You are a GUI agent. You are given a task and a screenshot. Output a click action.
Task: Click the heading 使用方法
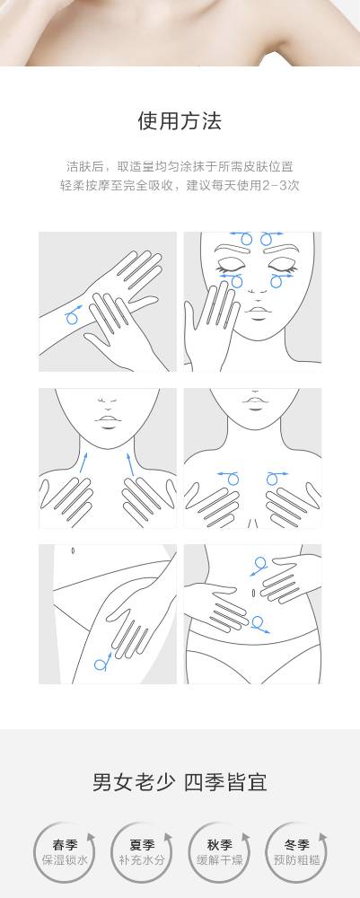(180, 121)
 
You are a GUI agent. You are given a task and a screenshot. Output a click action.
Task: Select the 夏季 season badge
(141, 852)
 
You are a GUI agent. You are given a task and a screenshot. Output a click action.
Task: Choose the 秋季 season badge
(219, 852)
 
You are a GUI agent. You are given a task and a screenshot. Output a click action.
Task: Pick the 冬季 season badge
(296, 852)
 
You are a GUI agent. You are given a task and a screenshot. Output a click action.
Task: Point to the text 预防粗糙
(296, 859)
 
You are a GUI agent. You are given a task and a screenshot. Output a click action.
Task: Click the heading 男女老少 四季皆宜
(180, 782)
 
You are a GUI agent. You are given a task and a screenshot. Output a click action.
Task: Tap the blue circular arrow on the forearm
(74, 315)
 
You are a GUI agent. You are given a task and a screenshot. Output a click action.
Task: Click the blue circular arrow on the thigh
(102, 662)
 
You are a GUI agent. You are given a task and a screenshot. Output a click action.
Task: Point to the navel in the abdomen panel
(252, 591)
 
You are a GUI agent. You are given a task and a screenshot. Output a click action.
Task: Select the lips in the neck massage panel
(107, 421)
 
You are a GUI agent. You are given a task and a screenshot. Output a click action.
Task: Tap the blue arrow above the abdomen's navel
(259, 565)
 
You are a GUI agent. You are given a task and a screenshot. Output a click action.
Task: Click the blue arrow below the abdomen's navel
(259, 624)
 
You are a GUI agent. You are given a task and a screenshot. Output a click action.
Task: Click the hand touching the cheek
(211, 321)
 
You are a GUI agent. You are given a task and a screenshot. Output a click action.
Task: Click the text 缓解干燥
(219, 859)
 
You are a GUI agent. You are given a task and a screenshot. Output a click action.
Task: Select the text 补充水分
(141, 859)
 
